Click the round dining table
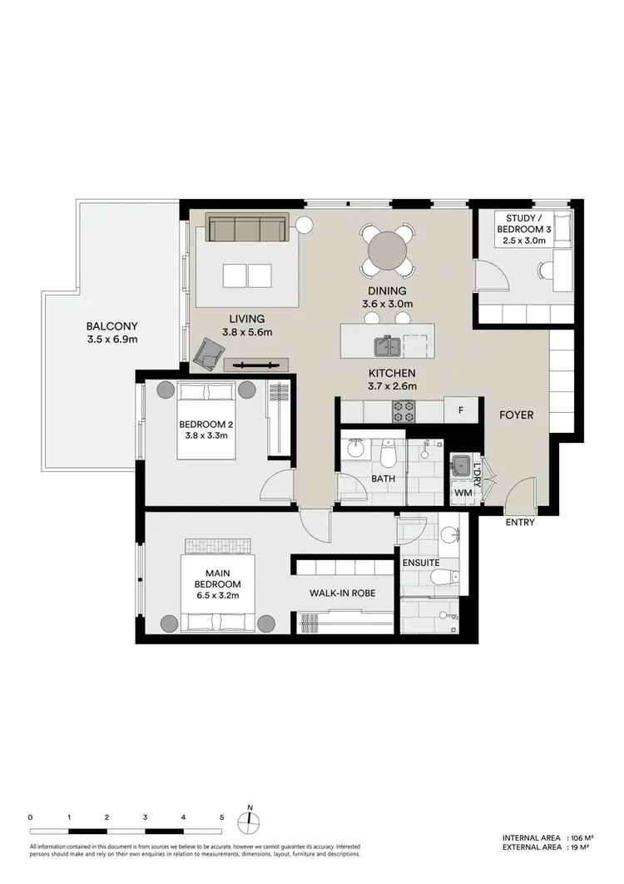[x=387, y=249]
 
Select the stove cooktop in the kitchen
[x=404, y=410]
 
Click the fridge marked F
[x=460, y=410]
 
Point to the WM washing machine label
[x=462, y=493]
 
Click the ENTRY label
[x=519, y=523]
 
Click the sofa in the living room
[x=246, y=228]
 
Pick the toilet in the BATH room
[x=387, y=455]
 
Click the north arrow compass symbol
[x=250, y=821]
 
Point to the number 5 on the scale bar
[x=221, y=817]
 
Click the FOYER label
[x=516, y=415]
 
